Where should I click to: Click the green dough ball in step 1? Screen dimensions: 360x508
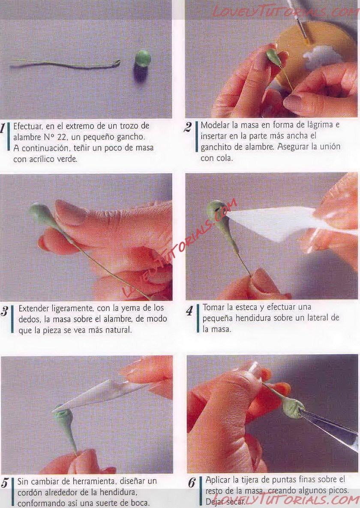coord(142,58)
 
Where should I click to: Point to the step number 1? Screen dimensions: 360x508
coord(3,128)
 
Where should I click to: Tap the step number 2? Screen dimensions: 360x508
coord(188,127)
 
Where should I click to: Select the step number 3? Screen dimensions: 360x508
coord(4,311)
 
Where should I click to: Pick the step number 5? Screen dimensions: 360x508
coord(5,483)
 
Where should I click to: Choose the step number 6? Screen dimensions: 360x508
coord(192,483)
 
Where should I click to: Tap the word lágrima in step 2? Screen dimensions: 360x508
coord(314,125)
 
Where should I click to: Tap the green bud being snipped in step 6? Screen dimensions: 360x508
coord(293,409)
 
